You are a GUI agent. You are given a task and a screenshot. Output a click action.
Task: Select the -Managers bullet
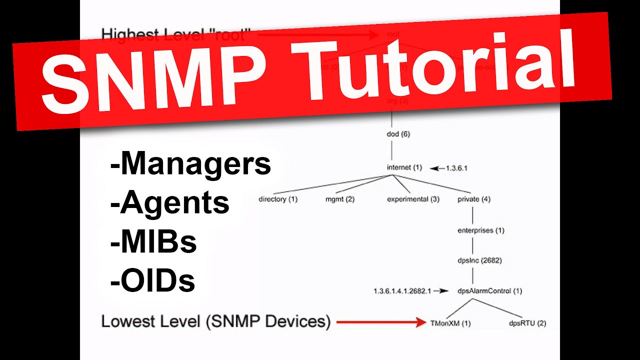pos(190,163)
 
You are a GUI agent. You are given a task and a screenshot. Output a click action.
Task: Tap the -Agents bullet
pos(170,203)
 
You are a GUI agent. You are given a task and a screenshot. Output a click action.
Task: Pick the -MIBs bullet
pos(153,242)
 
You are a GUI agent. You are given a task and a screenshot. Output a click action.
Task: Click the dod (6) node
pos(398,134)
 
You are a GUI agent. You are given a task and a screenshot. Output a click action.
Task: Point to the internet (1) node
pos(404,167)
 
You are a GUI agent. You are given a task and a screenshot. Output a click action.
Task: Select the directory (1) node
pos(278,199)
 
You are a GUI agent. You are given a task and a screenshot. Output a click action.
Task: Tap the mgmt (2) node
pos(340,199)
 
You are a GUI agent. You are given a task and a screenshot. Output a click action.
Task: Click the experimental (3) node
pos(413,199)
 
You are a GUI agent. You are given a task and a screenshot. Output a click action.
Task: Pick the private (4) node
pos(474,199)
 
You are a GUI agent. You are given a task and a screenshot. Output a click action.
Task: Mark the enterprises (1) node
pos(481,230)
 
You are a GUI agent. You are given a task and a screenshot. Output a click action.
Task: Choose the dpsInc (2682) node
pos(479,260)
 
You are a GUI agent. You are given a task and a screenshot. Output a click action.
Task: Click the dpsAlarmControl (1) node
pos(489,290)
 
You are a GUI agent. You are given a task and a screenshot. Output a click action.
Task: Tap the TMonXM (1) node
pos(450,323)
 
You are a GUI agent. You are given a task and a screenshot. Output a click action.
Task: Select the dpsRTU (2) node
pos(527,323)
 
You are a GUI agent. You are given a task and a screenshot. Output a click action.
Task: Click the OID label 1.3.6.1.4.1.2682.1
pos(402,290)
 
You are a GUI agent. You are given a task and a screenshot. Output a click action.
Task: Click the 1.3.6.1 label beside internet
pos(456,168)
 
